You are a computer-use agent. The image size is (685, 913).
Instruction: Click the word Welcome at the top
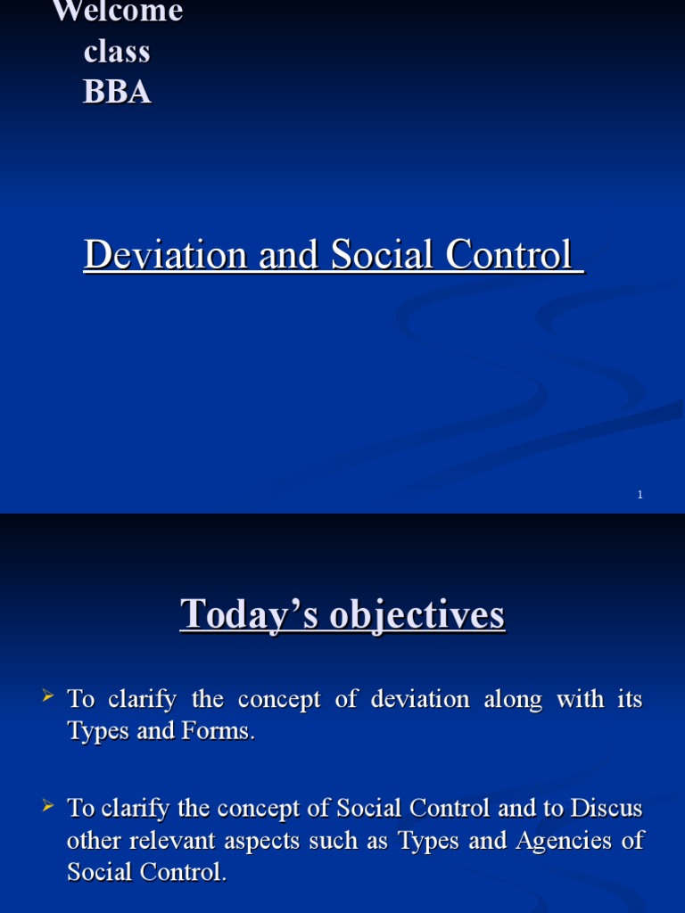click(118, 12)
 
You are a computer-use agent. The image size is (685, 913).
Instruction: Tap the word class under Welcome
click(117, 52)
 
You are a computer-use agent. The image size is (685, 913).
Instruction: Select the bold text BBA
click(117, 92)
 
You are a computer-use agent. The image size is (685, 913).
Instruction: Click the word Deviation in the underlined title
click(165, 255)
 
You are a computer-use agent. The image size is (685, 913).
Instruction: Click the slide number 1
click(640, 495)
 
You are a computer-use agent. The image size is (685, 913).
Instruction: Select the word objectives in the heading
click(407, 616)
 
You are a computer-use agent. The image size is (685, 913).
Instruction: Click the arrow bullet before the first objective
click(50, 695)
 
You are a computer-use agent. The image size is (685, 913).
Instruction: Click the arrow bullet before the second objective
click(50, 805)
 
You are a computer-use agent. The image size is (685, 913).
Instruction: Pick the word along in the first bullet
click(513, 699)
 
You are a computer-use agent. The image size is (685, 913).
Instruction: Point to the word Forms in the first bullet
click(225, 731)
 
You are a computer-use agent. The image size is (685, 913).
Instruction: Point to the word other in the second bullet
click(90, 841)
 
